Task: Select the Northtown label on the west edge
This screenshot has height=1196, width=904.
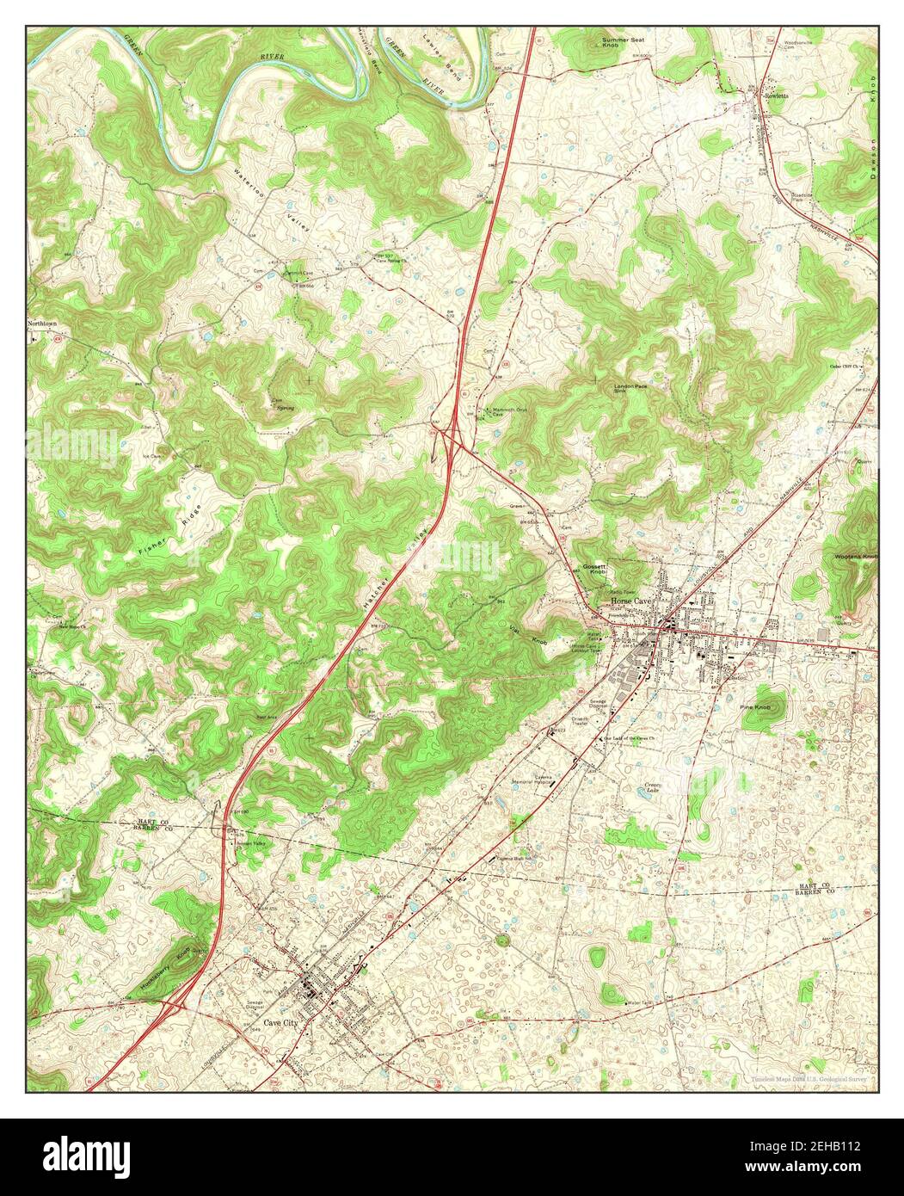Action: (44, 324)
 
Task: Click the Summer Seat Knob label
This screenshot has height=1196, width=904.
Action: (623, 43)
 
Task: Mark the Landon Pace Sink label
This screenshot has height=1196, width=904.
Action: (630, 388)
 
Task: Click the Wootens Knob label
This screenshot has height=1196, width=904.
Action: (856, 557)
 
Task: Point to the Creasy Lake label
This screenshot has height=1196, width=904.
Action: (657, 788)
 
